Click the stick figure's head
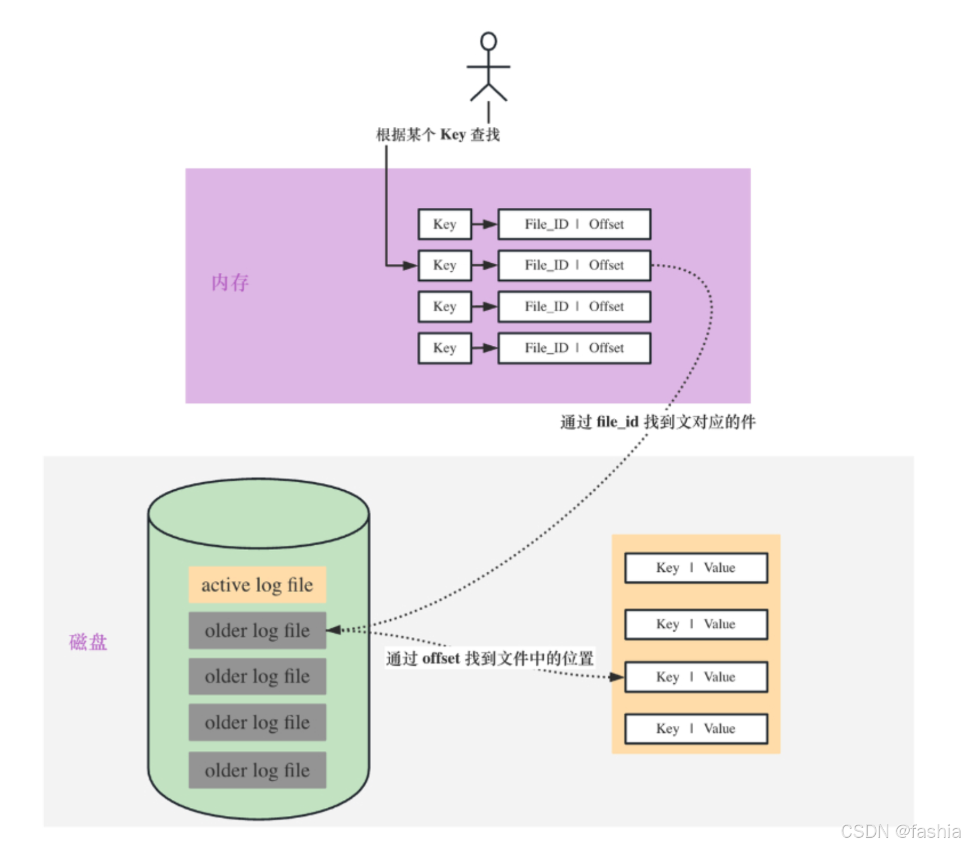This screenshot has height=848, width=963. click(488, 41)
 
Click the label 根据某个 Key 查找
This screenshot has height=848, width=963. click(438, 135)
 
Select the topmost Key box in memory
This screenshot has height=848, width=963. click(445, 224)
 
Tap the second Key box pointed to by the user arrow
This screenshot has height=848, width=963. click(445, 265)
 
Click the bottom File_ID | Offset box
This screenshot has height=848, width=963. click(574, 348)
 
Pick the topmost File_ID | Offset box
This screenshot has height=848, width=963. click(574, 224)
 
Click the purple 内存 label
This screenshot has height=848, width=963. click(229, 282)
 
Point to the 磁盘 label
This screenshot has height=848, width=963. click(88, 642)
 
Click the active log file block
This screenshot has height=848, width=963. click(257, 585)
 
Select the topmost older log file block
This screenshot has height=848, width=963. click(257, 630)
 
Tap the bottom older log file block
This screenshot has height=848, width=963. click(257, 770)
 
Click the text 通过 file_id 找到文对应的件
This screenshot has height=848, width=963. click(658, 422)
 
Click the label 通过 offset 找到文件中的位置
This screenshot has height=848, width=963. click(490, 658)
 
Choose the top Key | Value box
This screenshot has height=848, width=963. click(696, 568)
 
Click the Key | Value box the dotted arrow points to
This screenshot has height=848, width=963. click(696, 677)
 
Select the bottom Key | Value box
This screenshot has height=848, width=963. click(696, 729)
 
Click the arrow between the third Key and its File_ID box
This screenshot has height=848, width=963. click(484, 306)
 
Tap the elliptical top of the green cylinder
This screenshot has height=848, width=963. click(258, 513)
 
